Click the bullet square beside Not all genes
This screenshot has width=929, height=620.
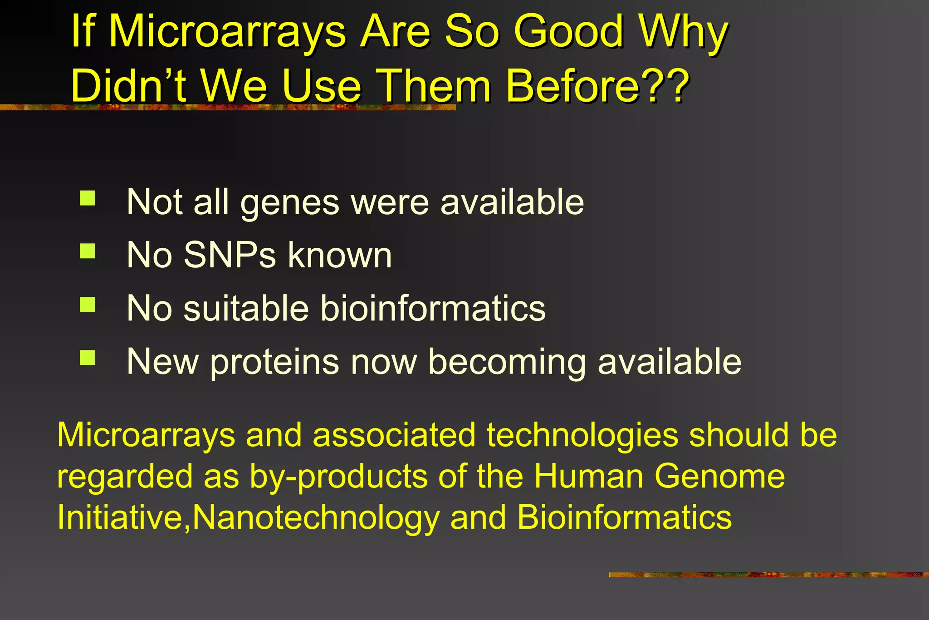pyautogui.click(x=87, y=198)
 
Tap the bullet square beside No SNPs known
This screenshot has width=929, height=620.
pyautogui.click(x=87, y=251)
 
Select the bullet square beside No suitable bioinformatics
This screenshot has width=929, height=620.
pyautogui.click(x=87, y=304)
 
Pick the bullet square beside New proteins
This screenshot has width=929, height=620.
pyautogui.click(x=87, y=357)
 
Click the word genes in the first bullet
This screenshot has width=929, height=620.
pyautogui.click(x=289, y=203)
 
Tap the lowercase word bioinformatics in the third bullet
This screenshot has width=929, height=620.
pyautogui.click(x=433, y=309)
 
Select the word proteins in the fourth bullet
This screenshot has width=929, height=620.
pyautogui.click(x=274, y=362)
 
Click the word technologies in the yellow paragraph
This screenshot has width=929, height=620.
pyautogui.click(x=582, y=435)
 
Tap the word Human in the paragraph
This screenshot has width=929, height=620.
pyautogui.click(x=588, y=477)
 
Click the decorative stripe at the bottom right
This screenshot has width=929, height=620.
pyautogui.click(x=768, y=575)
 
